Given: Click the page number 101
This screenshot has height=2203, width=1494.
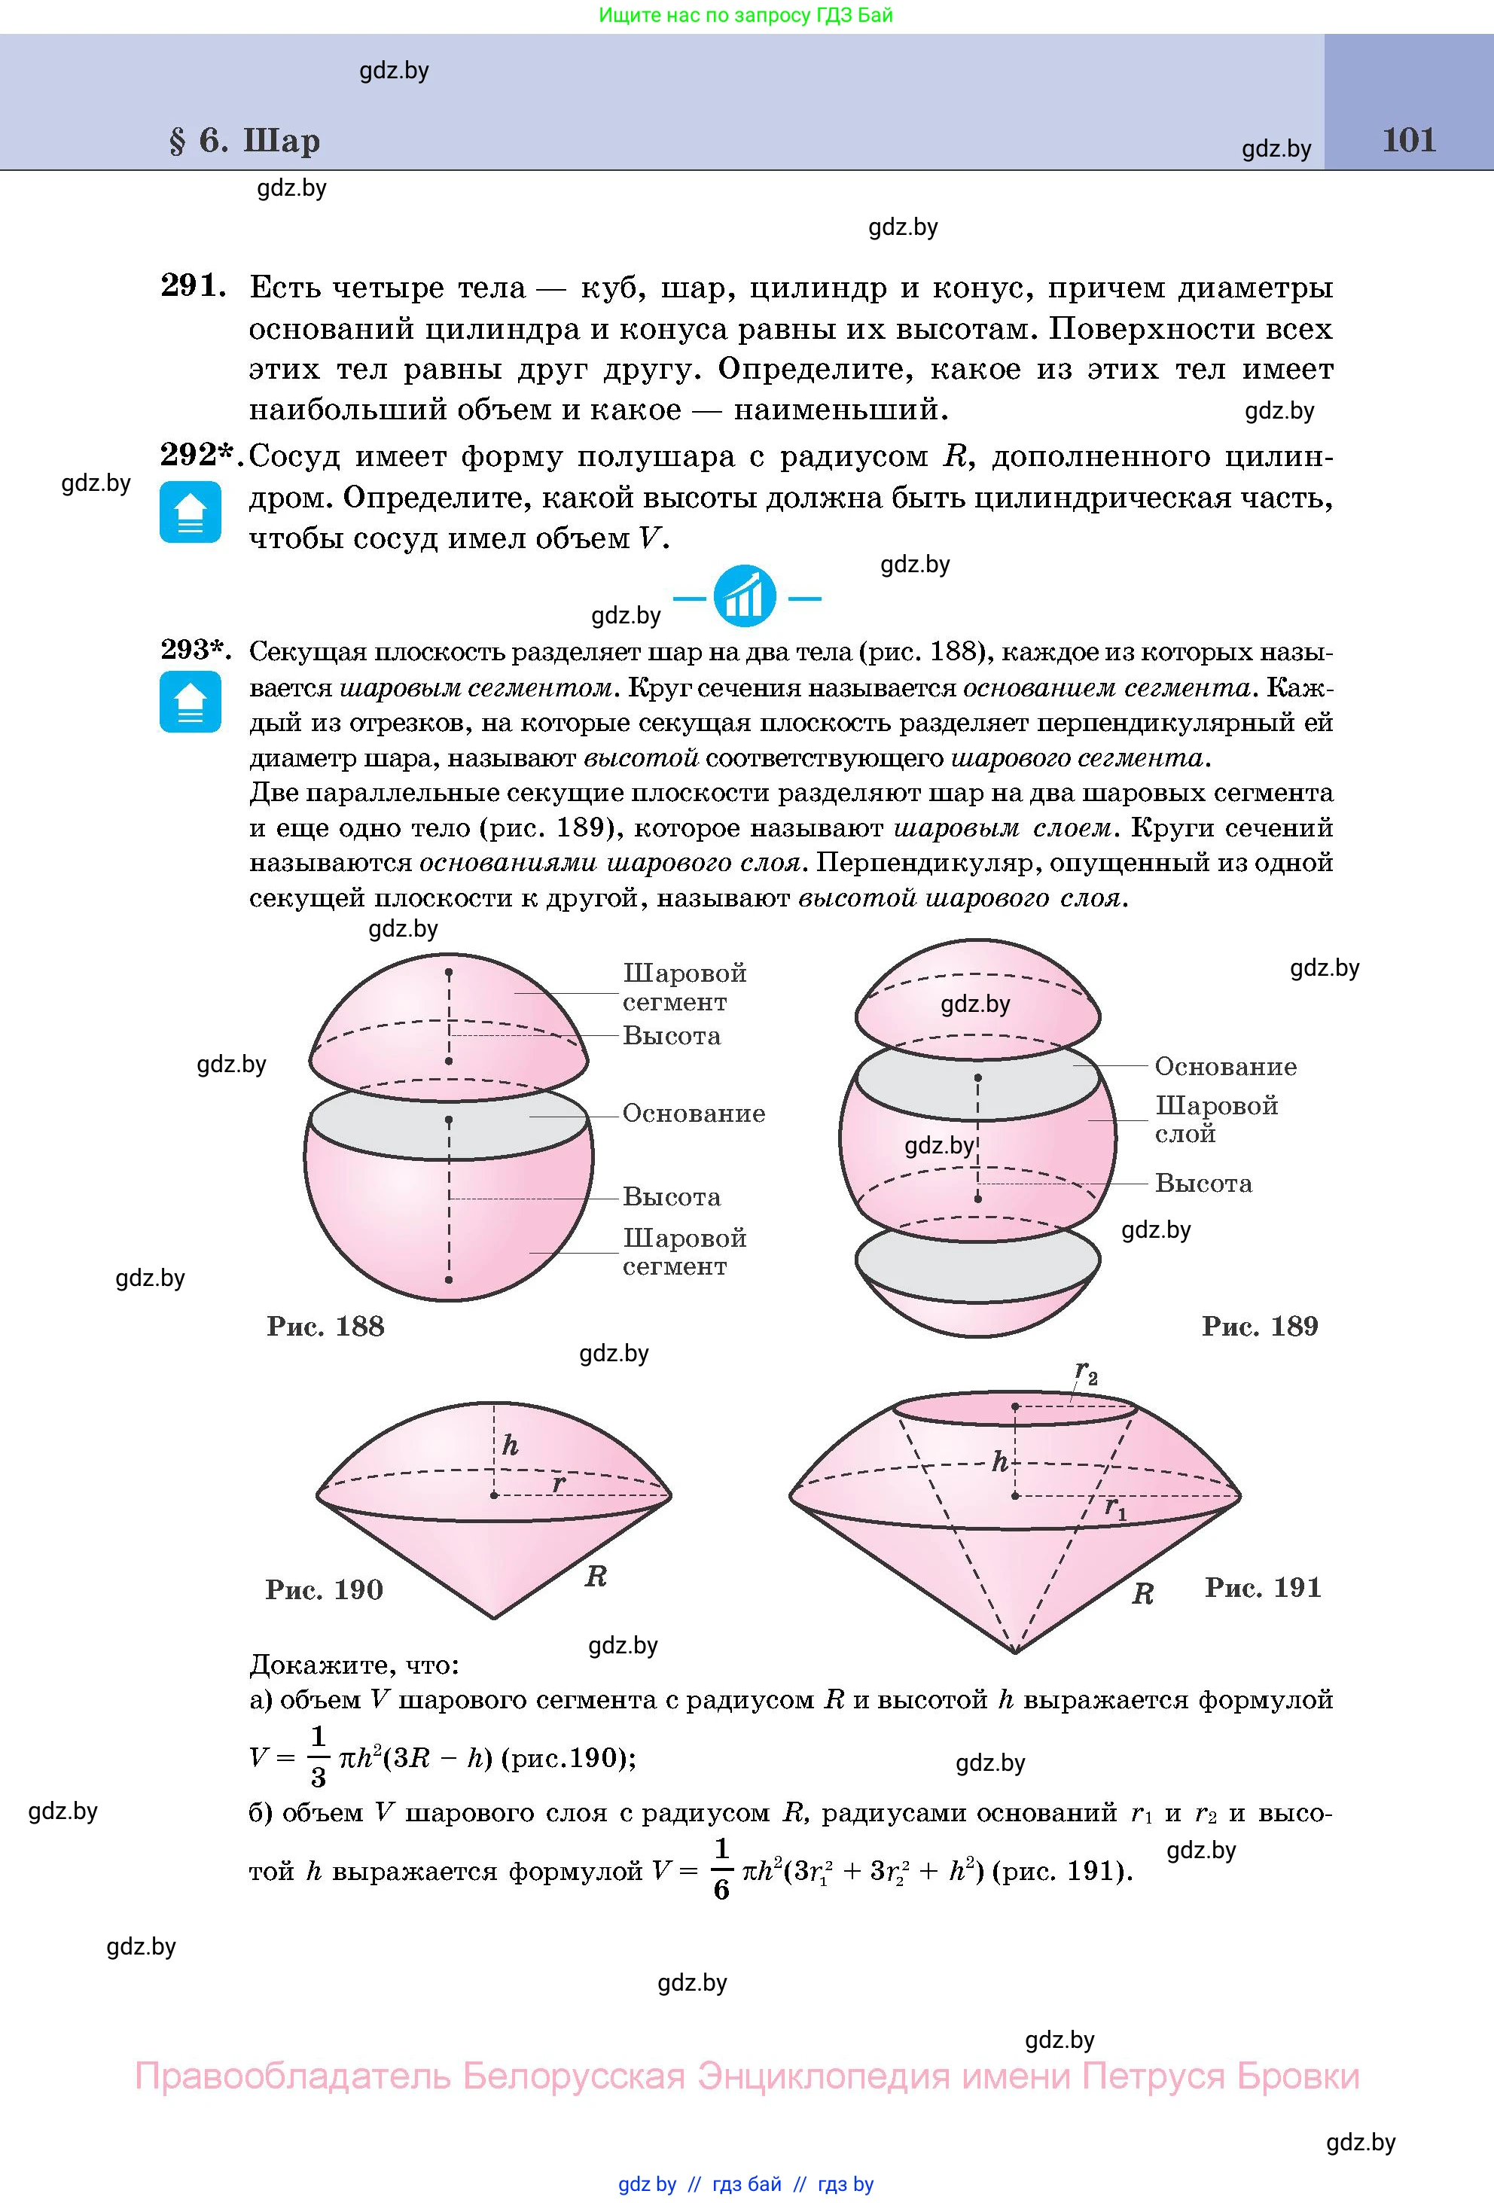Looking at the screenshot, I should [x=1409, y=140].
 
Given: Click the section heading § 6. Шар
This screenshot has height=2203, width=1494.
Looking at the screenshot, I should [x=245, y=140].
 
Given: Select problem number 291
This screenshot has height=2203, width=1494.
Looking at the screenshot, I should [x=194, y=285].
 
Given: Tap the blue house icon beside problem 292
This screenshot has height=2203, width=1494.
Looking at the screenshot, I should [x=191, y=512].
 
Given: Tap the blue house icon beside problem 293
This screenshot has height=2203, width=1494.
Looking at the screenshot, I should [x=191, y=702].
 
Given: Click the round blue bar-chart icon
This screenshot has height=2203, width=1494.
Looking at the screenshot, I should [x=746, y=597].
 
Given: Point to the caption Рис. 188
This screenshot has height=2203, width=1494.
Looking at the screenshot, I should [x=325, y=1326].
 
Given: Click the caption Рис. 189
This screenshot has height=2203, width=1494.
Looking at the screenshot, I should [x=1260, y=1326].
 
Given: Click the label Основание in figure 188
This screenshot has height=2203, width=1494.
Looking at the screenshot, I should [x=693, y=1114].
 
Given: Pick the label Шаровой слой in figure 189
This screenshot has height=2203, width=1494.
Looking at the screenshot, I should [x=1216, y=1120].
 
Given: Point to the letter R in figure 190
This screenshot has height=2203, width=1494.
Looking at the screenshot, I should [x=596, y=1577].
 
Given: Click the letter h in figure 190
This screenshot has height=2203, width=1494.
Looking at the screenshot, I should [x=510, y=1446].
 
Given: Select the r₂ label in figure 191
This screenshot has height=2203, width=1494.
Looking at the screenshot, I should [x=1085, y=1372].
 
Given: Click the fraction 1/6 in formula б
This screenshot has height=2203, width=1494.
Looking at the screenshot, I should [x=721, y=1869].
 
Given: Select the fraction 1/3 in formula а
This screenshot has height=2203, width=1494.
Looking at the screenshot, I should [x=319, y=1757].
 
